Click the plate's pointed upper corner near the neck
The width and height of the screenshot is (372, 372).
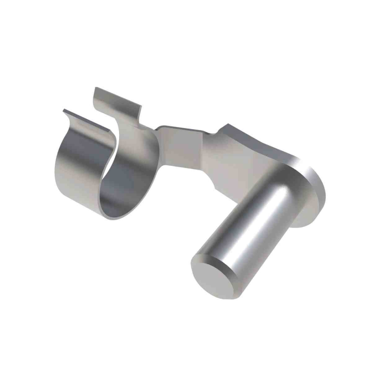(225, 126)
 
